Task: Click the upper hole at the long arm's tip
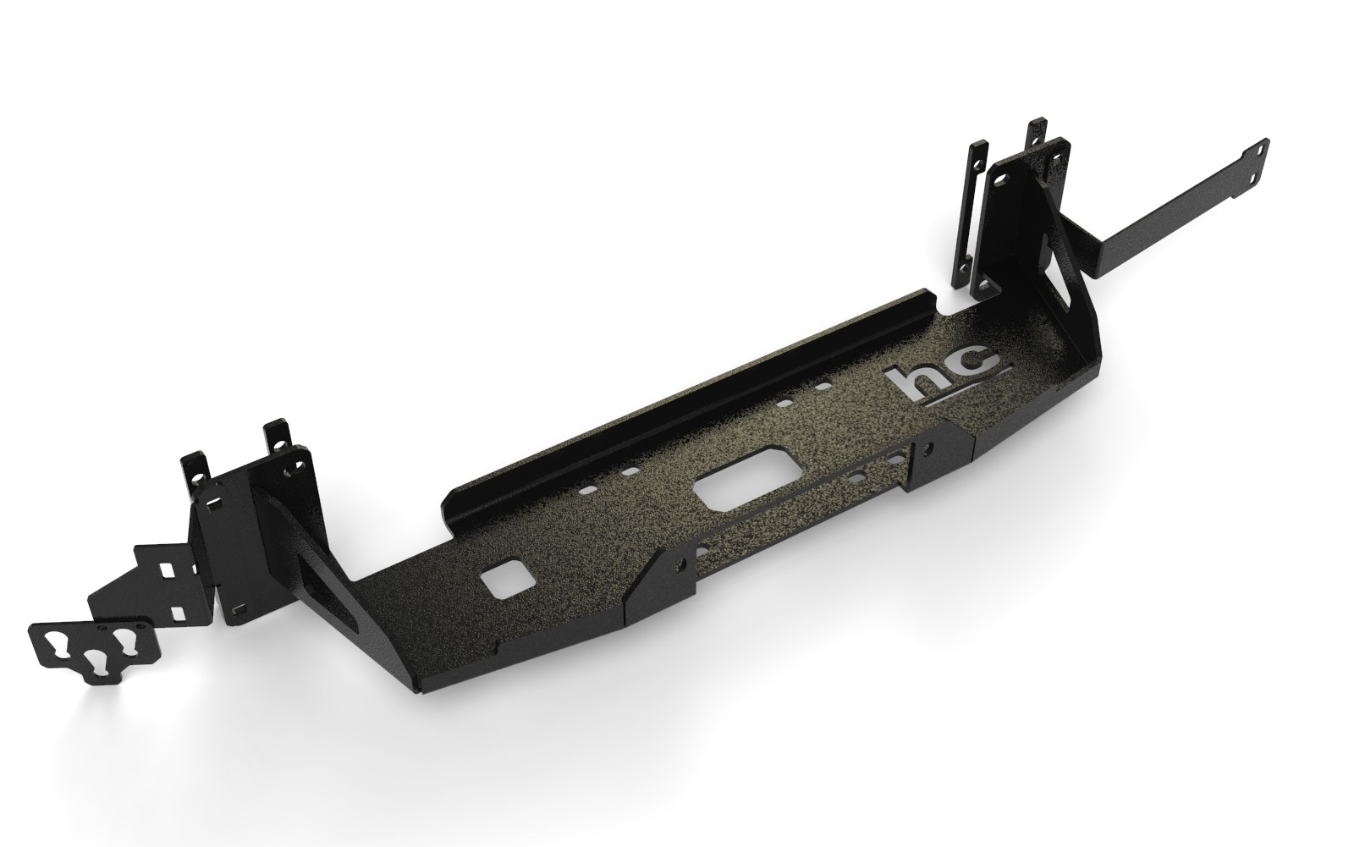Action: [1260, 147]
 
